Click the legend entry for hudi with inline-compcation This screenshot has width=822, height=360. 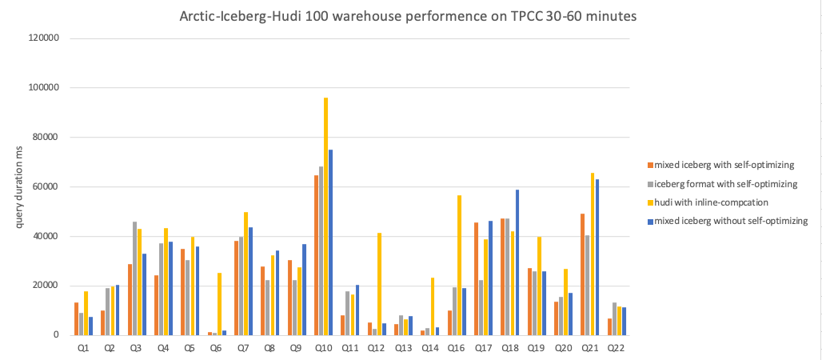pyautogui.click(x=704, y=202)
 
